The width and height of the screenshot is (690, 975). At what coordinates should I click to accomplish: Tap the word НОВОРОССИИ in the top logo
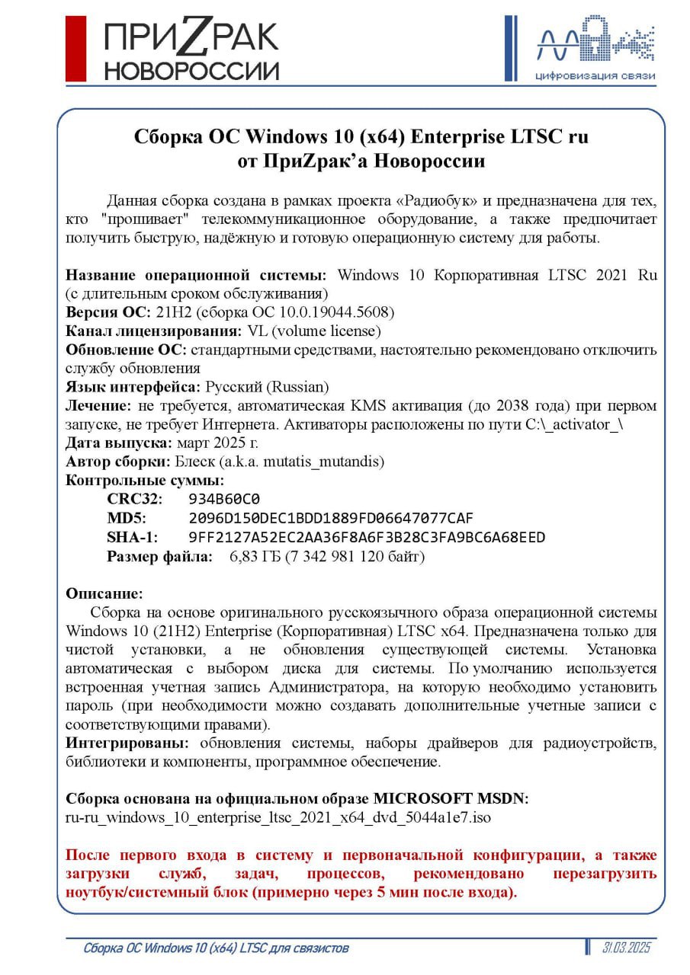pos(191,71)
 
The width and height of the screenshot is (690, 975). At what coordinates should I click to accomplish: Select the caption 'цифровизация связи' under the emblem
pos(595,76)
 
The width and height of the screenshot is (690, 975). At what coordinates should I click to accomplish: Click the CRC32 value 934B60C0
pos(223,500)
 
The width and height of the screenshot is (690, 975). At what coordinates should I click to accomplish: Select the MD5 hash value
pos(330,519)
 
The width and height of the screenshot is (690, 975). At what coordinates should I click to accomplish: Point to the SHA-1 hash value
pos(366,538)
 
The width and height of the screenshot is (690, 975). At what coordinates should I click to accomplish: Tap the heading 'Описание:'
pos(104,593)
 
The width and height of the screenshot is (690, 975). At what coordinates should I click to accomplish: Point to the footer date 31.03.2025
pos(626,948)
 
